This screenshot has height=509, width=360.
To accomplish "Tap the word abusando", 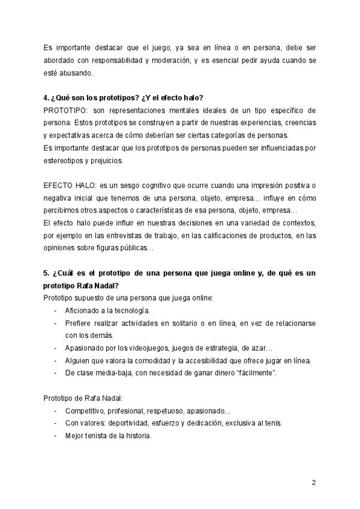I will click(x=74, y=73).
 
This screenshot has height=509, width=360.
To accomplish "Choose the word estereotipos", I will click(x=64, y=161).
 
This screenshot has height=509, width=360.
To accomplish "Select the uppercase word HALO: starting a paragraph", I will click(x=86, y=186).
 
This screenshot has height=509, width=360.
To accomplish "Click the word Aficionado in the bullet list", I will click(x=83, y=310).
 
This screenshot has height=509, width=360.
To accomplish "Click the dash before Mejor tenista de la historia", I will click(x=56, y=436).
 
